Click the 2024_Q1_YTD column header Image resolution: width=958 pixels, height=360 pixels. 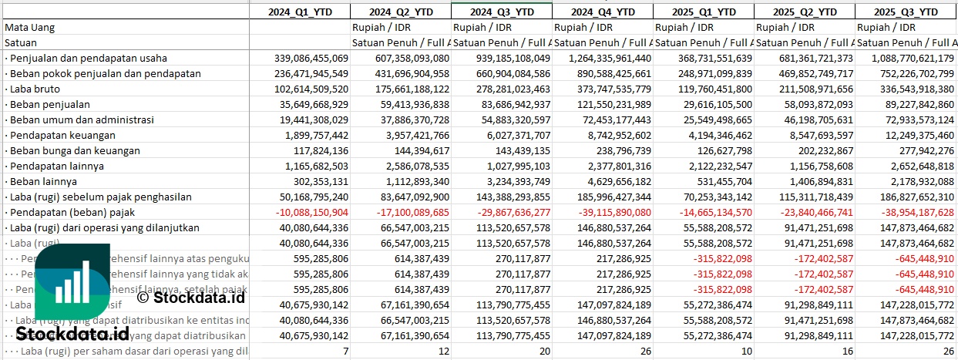(x=300, y=12)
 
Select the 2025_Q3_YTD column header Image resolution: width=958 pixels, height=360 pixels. (x=907, y=12)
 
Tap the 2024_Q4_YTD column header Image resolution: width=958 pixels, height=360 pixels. (x=603, y=12)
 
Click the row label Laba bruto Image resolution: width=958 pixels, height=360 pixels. (x=35, y=89)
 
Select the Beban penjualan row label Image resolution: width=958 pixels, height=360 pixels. (x=46, y=104)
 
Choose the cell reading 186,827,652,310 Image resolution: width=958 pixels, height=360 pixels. (x=908, y=197)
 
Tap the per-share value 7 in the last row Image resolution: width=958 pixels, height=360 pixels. (x=345, y=351)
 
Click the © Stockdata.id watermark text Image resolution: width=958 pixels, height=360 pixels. (x=190, y=297)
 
